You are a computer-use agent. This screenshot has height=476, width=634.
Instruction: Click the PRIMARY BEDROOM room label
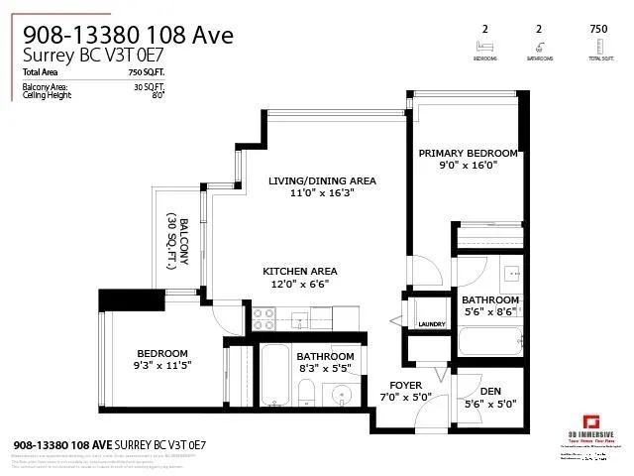click(468, 154)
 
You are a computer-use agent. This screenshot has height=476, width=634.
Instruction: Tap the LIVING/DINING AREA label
click(322, 180)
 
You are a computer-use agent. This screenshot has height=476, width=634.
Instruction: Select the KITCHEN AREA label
click(299, 271)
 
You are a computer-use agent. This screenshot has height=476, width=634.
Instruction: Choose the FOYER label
click(405, 385)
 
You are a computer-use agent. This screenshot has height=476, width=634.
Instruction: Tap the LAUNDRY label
click(432, 324)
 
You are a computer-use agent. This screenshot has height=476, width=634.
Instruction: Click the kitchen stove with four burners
click(264, 318)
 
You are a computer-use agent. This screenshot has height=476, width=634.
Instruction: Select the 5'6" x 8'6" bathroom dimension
click(490, 312)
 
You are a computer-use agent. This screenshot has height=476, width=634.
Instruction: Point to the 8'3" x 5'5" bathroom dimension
click(325, 369)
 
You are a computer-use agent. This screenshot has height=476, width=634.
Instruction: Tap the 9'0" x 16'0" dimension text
click(468, 167)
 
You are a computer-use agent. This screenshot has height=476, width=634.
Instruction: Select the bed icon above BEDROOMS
click(483, 46)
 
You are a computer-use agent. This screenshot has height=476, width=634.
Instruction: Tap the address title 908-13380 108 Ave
click(128, 36)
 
